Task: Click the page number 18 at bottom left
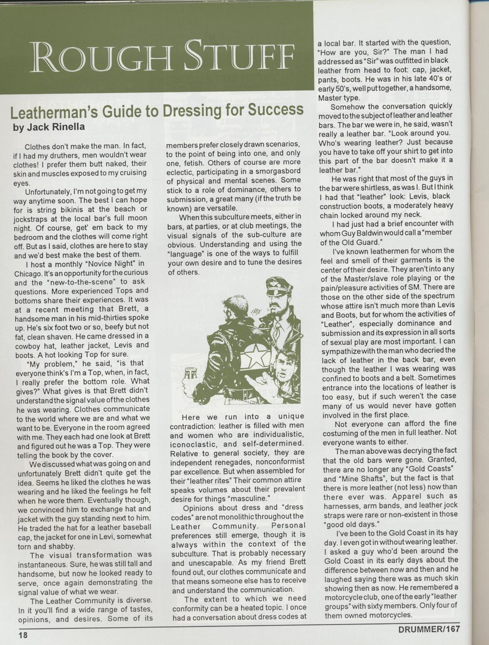tap(23, 635)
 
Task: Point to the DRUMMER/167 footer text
tap(428, 628)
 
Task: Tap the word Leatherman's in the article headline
tap(54, 112)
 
